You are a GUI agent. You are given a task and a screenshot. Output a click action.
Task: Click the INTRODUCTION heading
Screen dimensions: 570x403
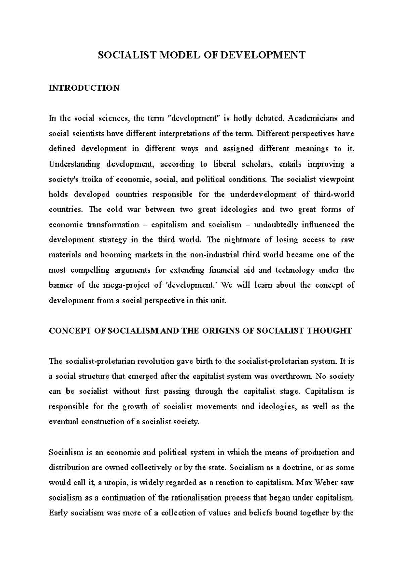[84, 88]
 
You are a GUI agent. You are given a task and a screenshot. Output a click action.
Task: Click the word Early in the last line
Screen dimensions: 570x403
[58, 513]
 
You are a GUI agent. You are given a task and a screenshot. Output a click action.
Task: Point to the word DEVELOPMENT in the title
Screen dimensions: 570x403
[261, 55]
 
